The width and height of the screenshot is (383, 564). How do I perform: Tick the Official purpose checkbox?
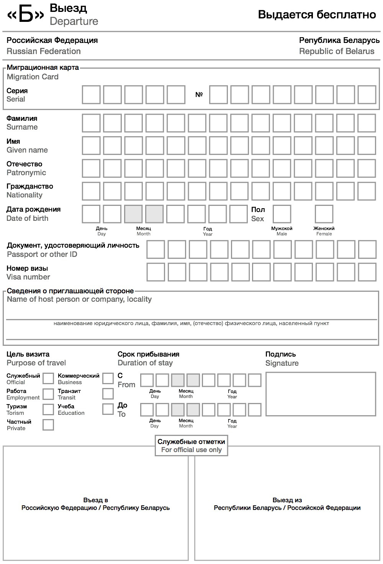(48, 379)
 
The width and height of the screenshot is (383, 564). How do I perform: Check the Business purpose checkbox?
(108, 379)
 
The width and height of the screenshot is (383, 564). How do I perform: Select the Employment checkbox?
(48, 394)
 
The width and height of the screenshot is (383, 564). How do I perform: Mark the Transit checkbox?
(108, 394)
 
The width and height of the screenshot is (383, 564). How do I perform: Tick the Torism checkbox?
(48, 409)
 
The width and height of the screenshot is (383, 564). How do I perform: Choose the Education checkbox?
(108, 409)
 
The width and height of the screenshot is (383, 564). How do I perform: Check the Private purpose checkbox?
(48, 425)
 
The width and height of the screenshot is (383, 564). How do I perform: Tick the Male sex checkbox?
(282, 214)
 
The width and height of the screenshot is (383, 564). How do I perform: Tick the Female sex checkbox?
(324, 214)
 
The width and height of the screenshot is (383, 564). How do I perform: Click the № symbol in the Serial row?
(199, 95)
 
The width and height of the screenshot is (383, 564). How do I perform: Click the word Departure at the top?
(74, 21)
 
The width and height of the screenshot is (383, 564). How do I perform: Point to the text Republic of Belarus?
(337, 51)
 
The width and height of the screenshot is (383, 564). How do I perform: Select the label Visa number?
(28, 277)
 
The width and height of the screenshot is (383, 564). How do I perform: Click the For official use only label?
(191, 450)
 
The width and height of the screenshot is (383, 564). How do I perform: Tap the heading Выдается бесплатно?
(317, 15)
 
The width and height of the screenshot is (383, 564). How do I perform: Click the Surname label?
(22, 127)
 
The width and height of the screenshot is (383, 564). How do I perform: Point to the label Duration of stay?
(145, 363)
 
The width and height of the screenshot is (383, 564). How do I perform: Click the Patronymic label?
(26, 173)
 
